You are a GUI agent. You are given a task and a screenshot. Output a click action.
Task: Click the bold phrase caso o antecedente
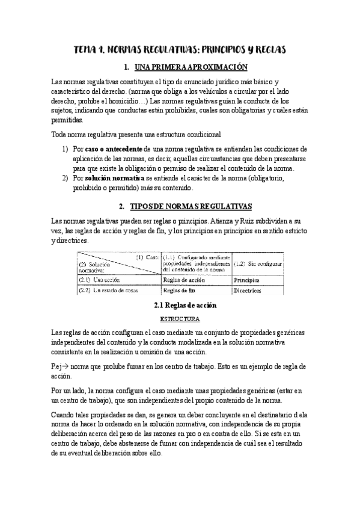pyautogui.click(x=113, y=149)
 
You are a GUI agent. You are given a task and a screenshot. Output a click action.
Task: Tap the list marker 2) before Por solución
pyautogui.click(x=65, y=179)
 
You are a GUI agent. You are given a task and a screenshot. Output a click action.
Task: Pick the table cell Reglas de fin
pyautogui.click(x=179, y=291)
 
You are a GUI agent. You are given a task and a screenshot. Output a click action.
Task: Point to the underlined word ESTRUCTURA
pyautogui.click(x=180, y=319)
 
